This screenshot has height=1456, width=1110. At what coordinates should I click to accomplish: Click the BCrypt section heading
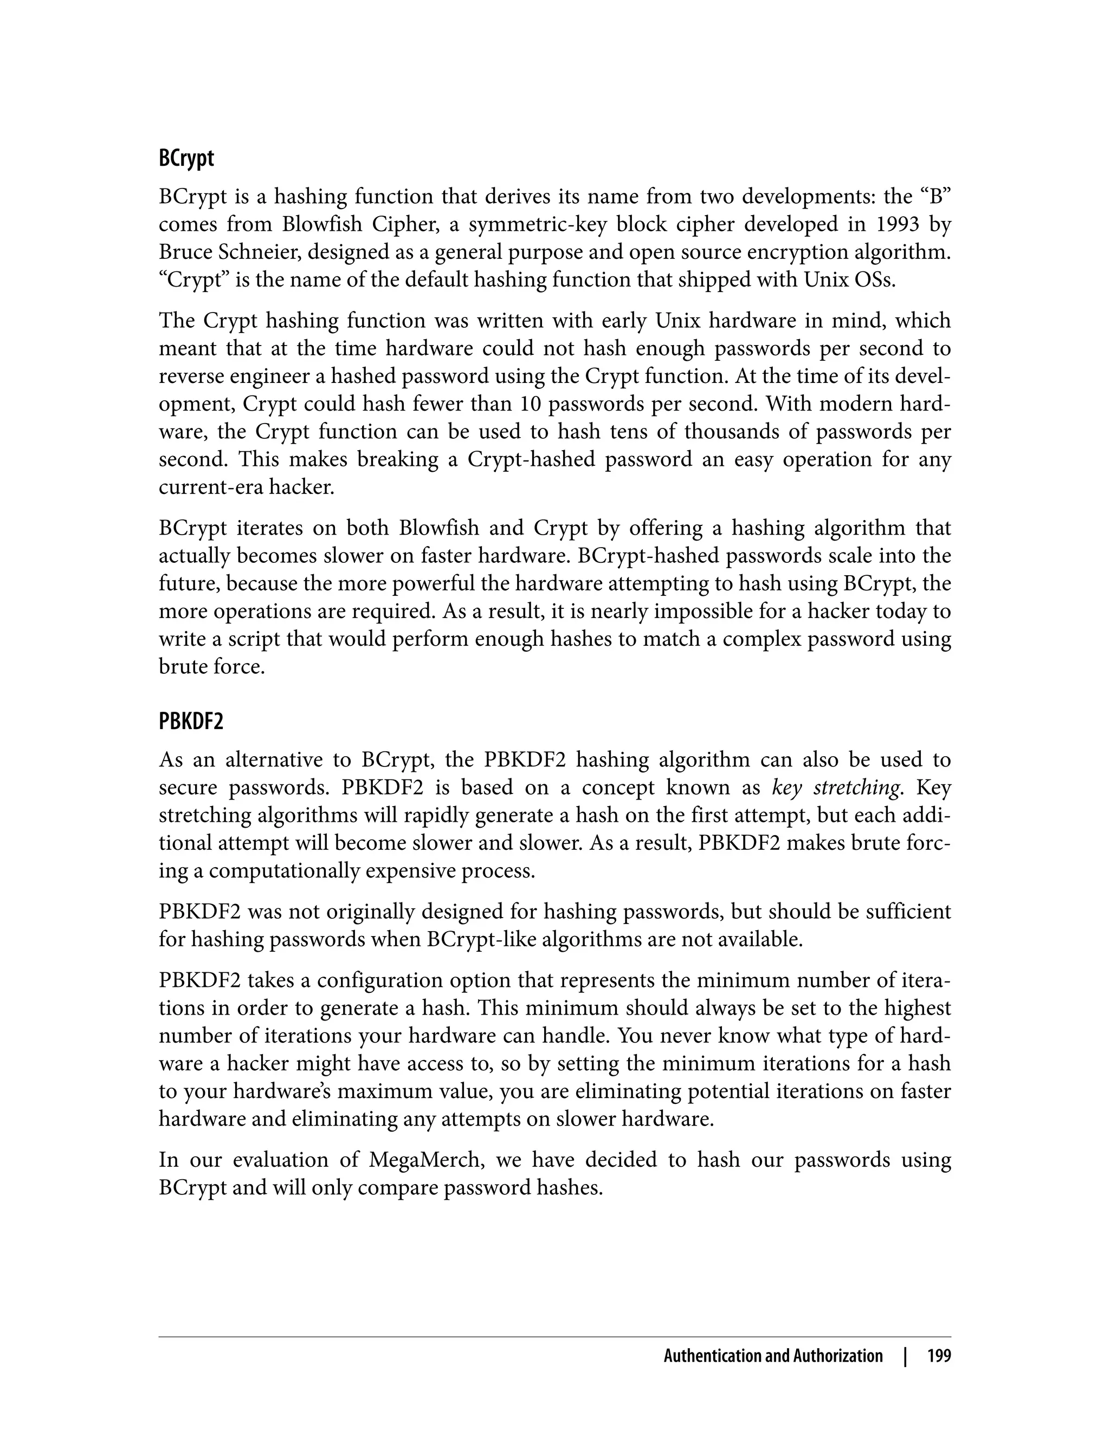(186, 159)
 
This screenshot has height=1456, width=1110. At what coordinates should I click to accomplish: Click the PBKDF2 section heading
(191, 721)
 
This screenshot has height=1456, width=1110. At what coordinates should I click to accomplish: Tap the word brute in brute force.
(182, 667)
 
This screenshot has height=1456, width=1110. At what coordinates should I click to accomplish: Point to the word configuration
(386, 980)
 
